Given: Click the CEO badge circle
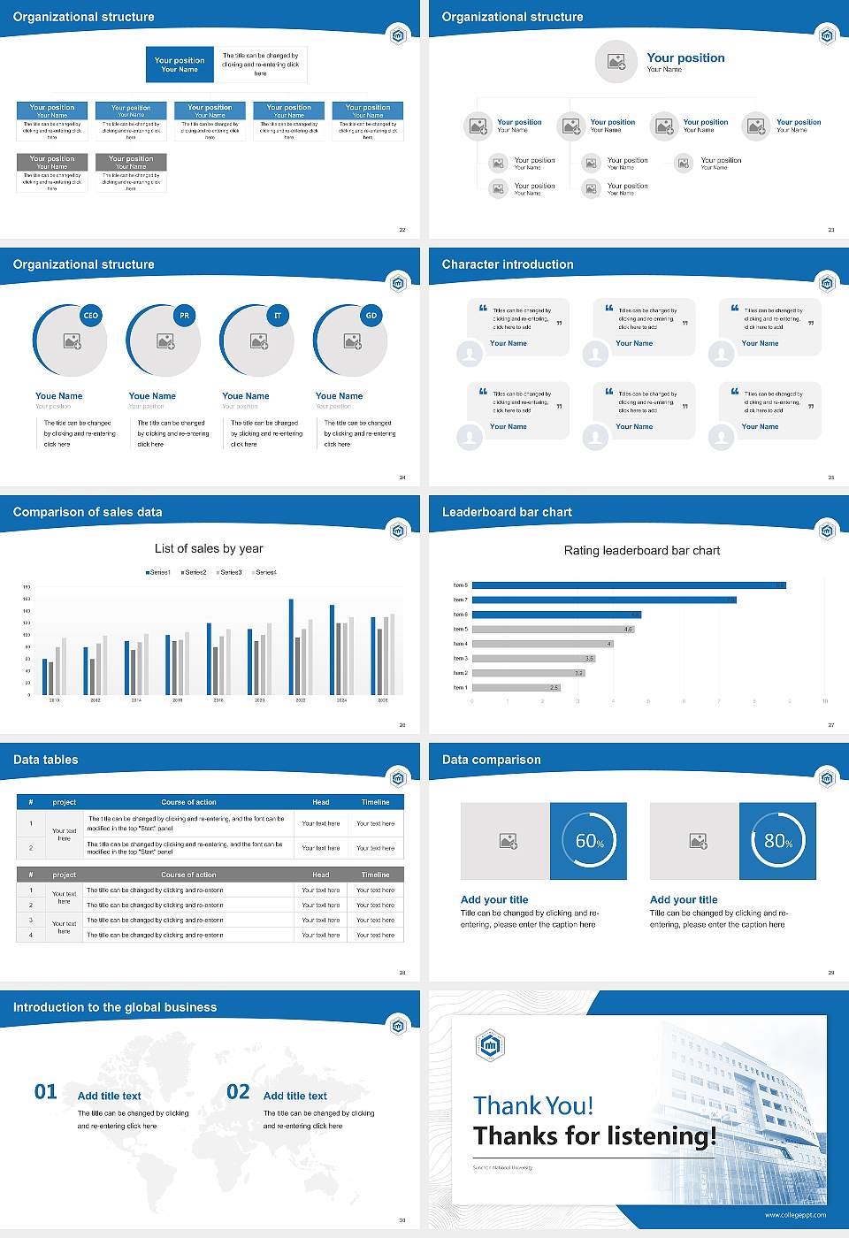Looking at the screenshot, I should click(90, 316).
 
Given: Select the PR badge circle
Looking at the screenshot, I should click(184, 316).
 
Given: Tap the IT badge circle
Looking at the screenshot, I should click(278, 316).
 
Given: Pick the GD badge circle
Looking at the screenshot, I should click(371, 316).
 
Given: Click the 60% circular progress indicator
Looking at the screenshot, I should click(589, 841).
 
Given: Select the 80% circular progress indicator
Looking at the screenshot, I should click(778, 841).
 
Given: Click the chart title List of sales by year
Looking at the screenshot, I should click(209, 549).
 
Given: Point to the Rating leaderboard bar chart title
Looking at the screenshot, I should click(642, 551).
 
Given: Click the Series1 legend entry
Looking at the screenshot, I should click(158, 573).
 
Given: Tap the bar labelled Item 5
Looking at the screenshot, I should click(553, 630).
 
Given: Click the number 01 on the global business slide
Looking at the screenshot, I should click(46, 1092).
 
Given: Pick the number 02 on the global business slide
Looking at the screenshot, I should click(238, 1092).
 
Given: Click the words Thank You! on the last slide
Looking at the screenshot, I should click(533, 1105).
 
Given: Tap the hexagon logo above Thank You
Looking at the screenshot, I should click(490, 1046).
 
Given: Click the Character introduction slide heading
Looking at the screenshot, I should click(508, 264).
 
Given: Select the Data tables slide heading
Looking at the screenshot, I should click(46, 760).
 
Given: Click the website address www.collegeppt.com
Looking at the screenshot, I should click(795, 1215).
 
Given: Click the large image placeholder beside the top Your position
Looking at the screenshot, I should click(616, 62).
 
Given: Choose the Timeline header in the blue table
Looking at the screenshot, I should click(375, 802).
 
